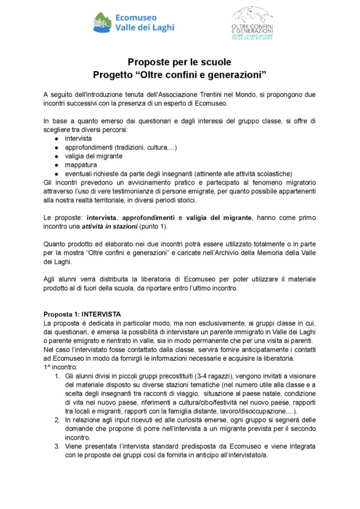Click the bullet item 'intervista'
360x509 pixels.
click(x=78, y=138)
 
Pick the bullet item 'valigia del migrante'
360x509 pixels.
click(x=93, y=156)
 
